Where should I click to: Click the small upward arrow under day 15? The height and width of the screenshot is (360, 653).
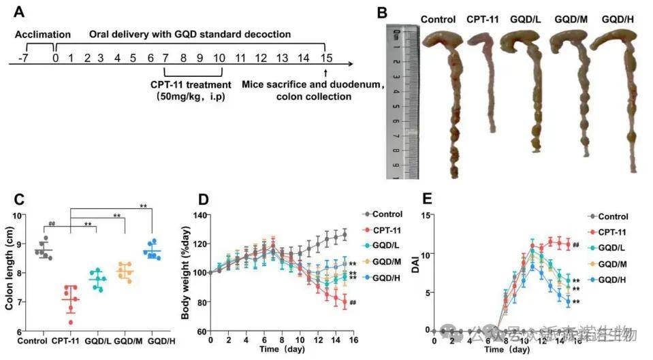tap(326, 73)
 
